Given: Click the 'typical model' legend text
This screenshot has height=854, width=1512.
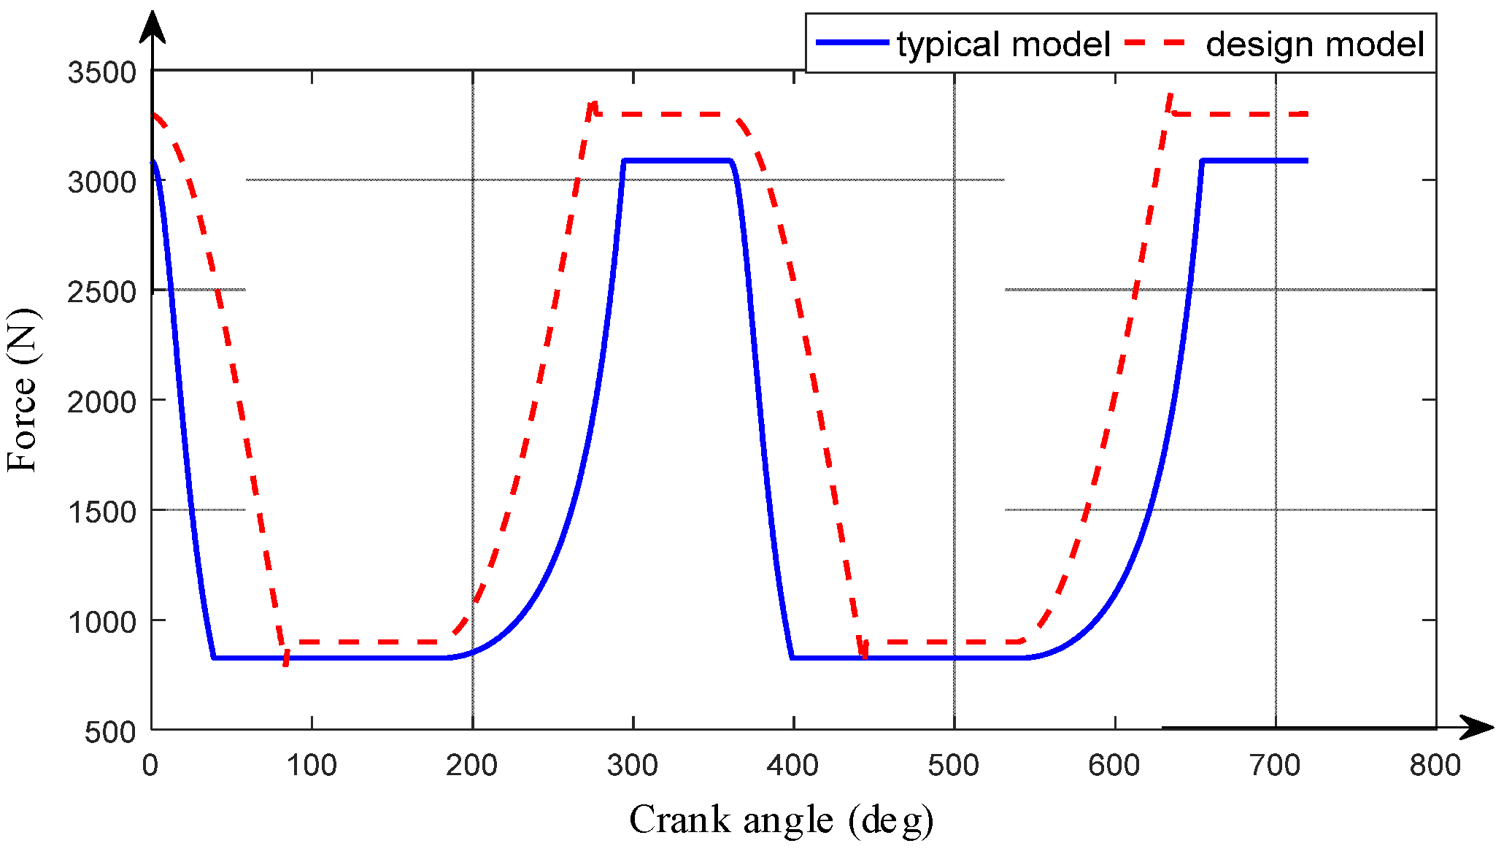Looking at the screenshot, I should [x=1003, y=45].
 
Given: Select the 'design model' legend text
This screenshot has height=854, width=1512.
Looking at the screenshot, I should [x=1314, y=45].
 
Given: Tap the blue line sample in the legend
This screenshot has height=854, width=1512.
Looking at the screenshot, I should [x=852, y=42].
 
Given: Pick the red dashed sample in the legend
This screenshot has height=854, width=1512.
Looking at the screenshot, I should [x=1156, y=42].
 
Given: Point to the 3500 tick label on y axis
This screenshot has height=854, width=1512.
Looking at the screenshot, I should [x=102, y=73].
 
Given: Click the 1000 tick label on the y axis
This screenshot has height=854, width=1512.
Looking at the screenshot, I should [x=102, y=623].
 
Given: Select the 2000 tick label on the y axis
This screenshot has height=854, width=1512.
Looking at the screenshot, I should [x=102, y=402].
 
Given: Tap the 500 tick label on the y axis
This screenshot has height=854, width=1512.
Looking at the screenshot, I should [x=110, y=732].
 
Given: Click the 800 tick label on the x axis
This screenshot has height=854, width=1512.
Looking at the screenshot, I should [x=1435, y=766].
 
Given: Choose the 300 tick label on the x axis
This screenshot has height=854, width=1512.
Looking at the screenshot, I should [x=633, y=766].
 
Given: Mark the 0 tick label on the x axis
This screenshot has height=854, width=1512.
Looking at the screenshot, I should [x=150, y=766].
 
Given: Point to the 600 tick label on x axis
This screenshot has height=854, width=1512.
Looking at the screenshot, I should [x=1114, y=766].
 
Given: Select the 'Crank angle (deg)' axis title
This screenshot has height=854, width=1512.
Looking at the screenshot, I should [x=781, y=820].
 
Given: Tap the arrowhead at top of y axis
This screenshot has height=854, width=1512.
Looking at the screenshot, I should [x=153, y=26].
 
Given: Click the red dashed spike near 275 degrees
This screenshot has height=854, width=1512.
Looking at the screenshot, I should [x=594, y=104].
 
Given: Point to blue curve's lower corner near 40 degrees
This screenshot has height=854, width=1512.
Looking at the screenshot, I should [x=213, y=658].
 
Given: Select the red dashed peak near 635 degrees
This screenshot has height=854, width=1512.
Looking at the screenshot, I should [x=1169, y=96].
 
